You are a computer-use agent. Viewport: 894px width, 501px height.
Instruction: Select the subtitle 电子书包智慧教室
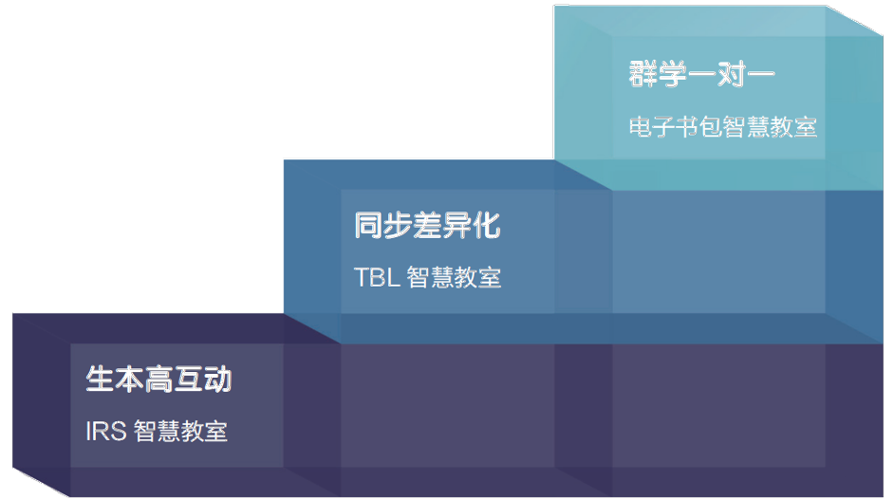(722, 127)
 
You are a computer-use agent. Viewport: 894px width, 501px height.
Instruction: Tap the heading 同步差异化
(427, 227)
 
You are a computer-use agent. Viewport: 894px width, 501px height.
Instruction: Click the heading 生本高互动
(158, 380)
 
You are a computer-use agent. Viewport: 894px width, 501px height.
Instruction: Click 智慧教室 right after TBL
(454, 277)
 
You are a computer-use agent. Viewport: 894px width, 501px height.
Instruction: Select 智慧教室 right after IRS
(180, 431)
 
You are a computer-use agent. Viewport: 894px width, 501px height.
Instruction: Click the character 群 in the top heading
(643, 75)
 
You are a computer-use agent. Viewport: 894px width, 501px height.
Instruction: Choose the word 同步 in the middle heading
(383, 227)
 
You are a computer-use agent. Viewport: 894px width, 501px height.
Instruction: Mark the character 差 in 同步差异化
(427, 227)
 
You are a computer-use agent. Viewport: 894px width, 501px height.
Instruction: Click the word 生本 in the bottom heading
(115, 380)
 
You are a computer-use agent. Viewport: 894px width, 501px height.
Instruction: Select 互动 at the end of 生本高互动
(202, 380)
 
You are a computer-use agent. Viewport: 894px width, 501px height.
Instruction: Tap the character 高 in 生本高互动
(158, 380)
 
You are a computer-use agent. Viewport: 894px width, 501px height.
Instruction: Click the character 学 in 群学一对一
(673, 75)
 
